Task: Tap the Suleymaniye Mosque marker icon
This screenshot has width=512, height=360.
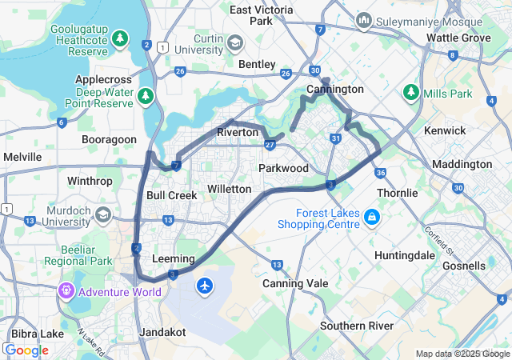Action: tap(364, 18)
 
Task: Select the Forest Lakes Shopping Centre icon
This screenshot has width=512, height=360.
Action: tap(372, 218)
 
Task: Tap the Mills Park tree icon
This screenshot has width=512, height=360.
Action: tap(411, 93)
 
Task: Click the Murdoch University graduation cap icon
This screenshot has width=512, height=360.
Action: tap(103, 214)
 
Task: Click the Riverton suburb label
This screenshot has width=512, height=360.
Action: tap(238, 132)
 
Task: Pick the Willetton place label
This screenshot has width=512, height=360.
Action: tap(229, 189)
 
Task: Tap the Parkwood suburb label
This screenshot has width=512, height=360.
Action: tap(283, 168)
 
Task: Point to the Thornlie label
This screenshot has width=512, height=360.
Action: tap(397, 193)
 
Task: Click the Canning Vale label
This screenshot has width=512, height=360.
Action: tap(294, 283)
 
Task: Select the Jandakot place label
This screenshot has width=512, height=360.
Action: tap(162, 331)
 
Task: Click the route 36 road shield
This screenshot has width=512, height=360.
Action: tap(380, 173)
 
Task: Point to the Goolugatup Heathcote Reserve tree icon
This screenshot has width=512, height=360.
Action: tap(120, 38)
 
